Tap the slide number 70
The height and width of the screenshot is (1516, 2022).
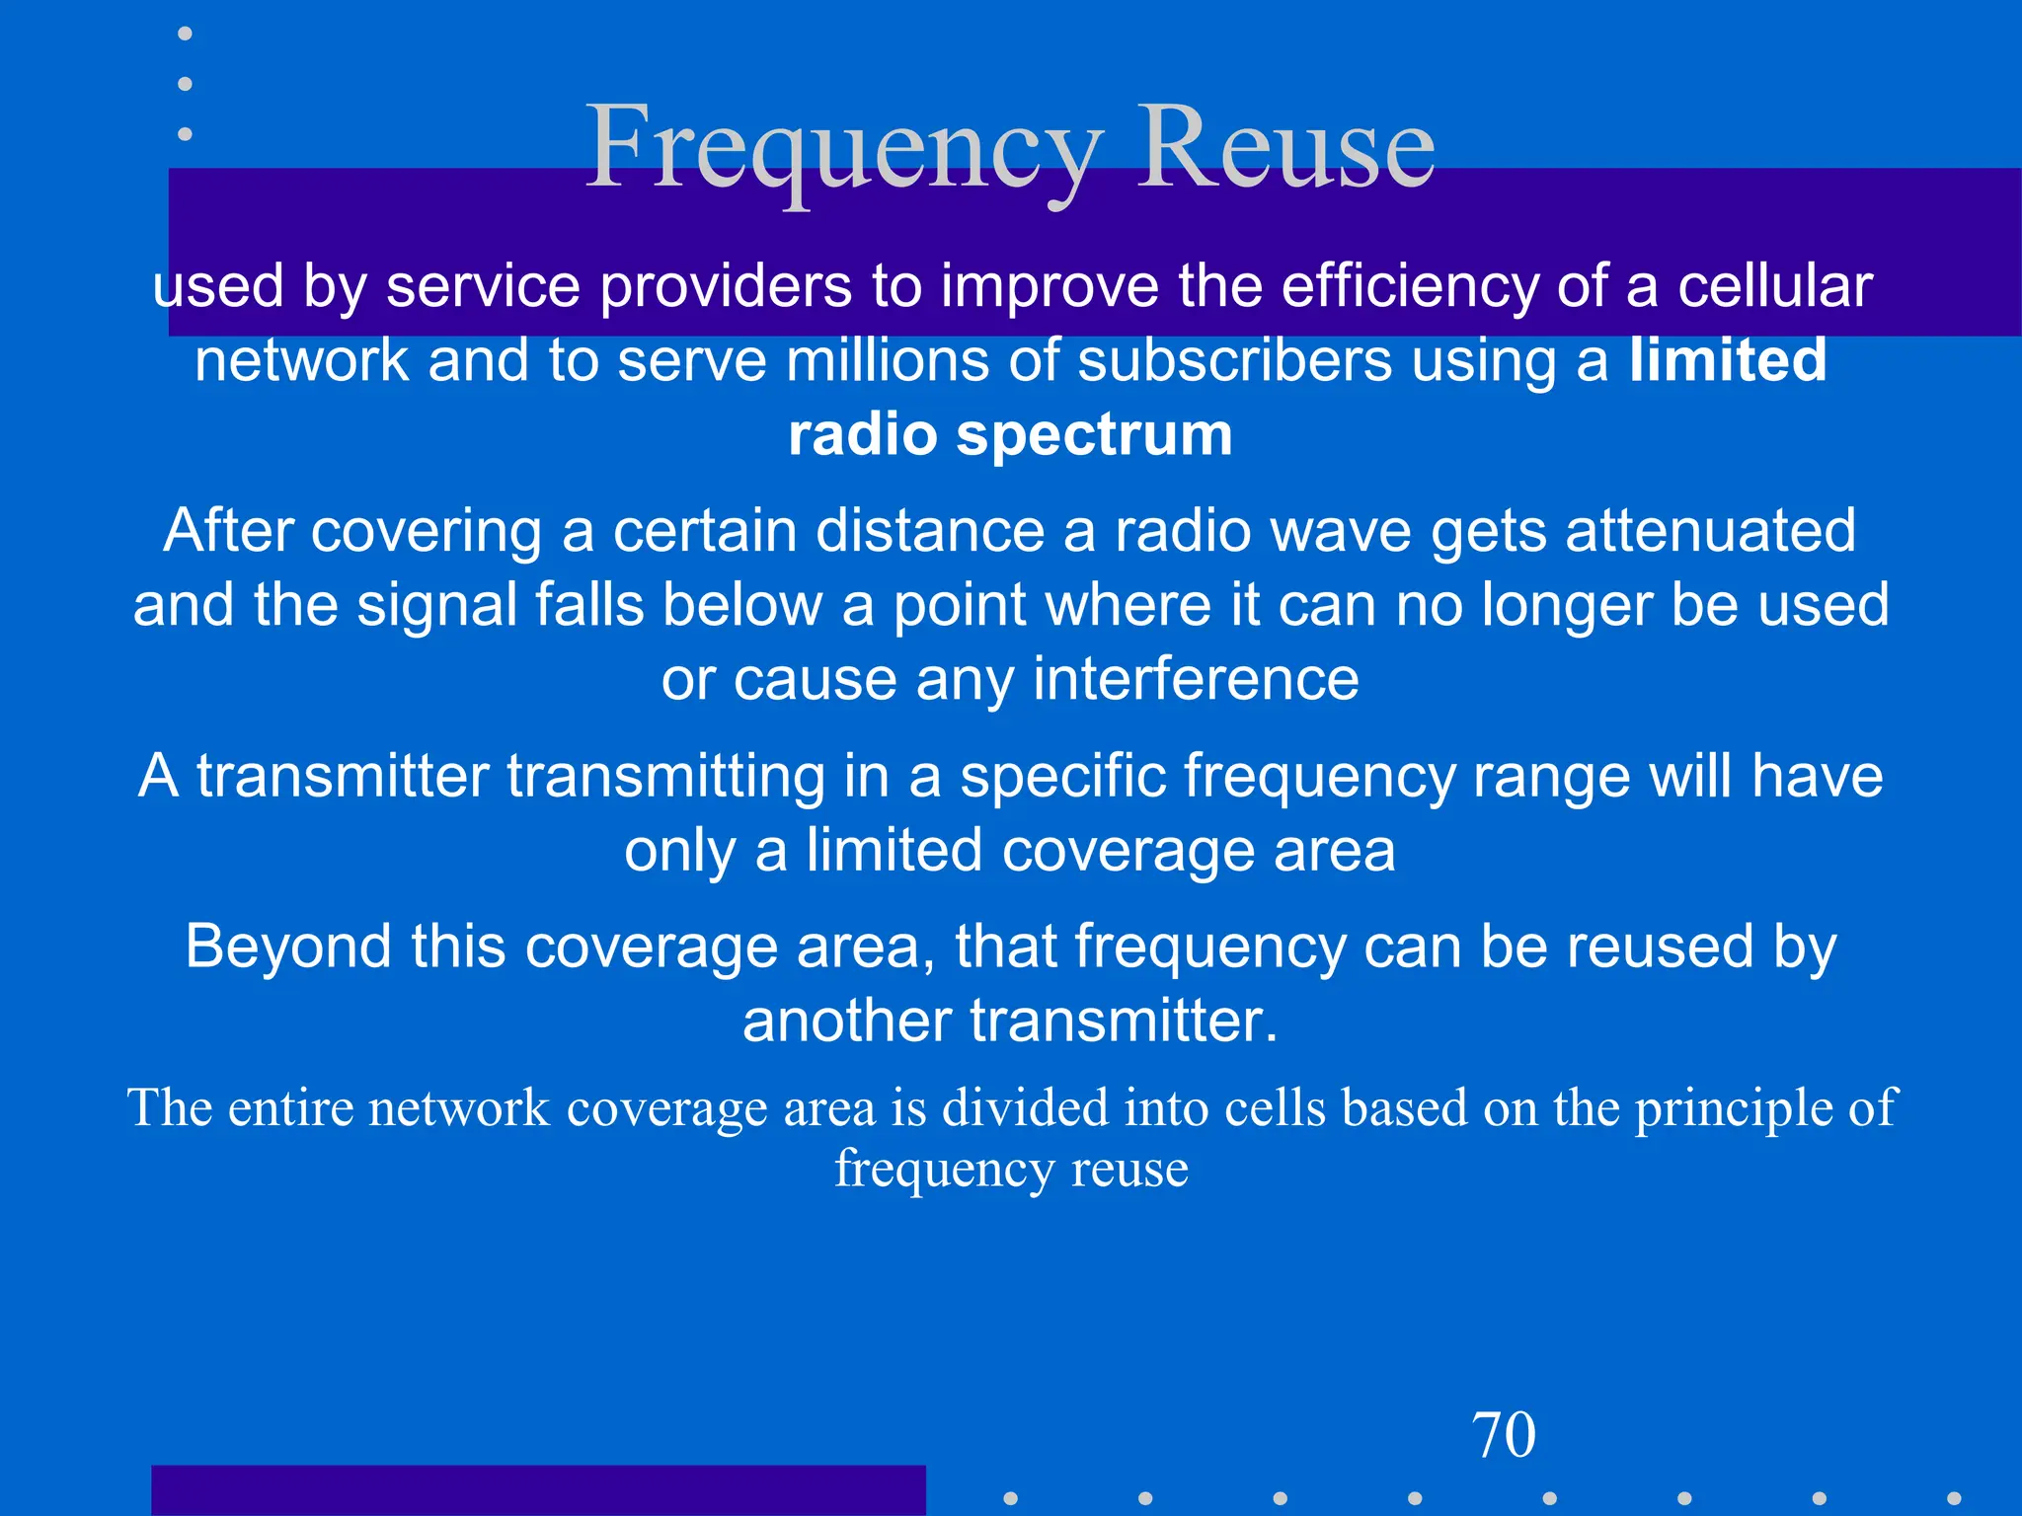click(1504, 1435)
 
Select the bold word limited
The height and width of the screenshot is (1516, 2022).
click(1728, 359)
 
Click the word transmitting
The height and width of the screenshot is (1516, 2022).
click(666, 776)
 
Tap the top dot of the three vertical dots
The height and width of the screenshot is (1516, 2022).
click(185, 34)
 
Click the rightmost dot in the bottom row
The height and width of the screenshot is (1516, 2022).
click(1953, 1498)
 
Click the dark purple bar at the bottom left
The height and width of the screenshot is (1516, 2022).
click(538, 1490)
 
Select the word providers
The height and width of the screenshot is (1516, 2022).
click(726, 286)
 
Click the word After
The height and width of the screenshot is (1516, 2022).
click(228, 530)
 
